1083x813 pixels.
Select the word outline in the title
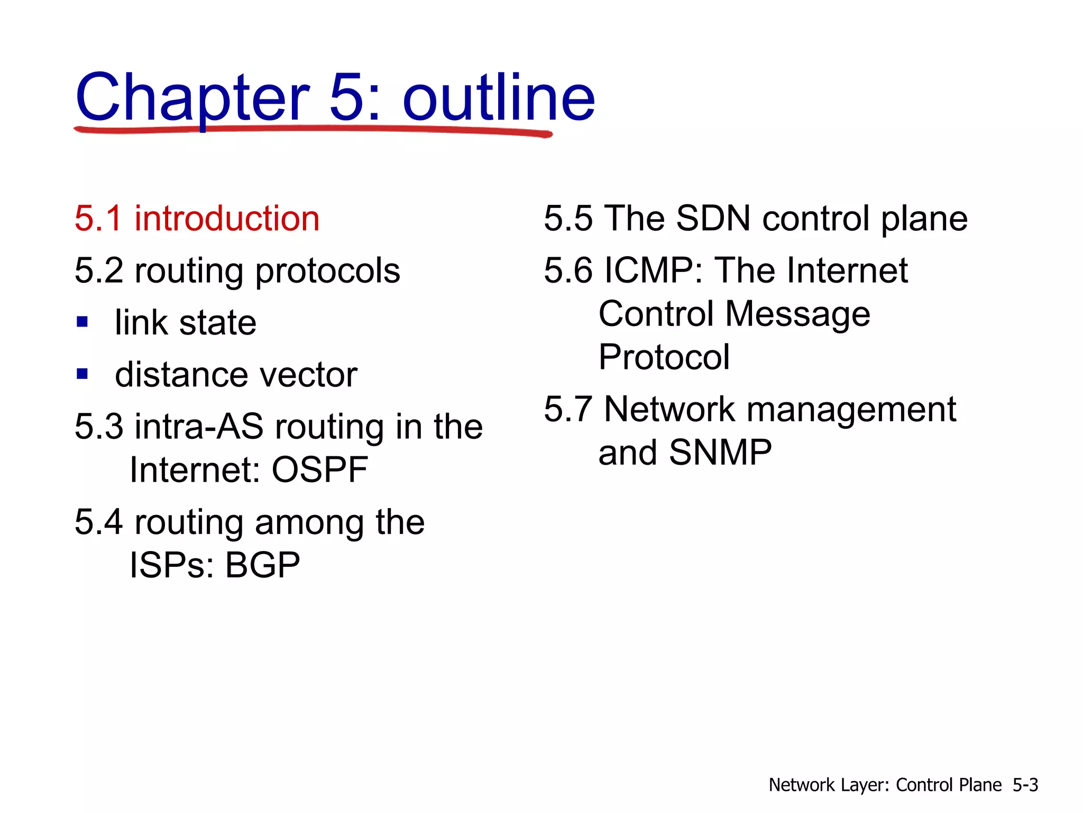(499, 98)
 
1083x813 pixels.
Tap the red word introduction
(227, 218)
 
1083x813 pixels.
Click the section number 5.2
(99, 270)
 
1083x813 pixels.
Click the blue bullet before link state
(82, 322)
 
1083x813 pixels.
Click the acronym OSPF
(320, 469)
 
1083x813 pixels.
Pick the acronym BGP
(262, 565)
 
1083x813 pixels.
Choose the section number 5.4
(99, 522)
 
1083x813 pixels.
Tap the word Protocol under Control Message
(664, 357)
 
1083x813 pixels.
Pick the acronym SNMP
(720, 453)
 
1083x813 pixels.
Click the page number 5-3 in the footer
(1025, 785)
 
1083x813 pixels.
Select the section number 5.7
(568, 409)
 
